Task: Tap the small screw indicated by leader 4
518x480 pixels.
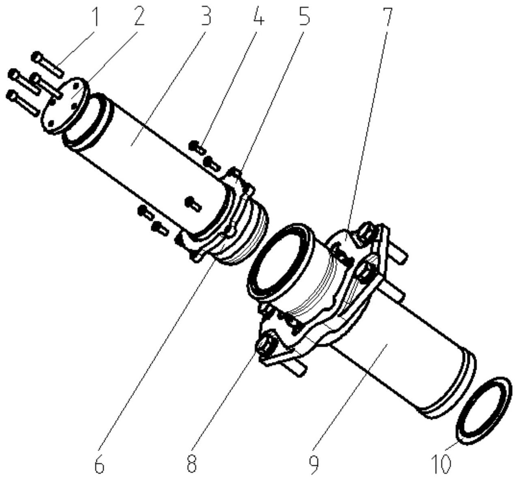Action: pos(198,146)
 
